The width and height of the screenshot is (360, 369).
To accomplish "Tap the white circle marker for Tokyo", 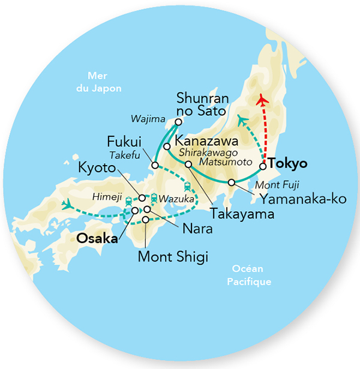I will tap(262, 166).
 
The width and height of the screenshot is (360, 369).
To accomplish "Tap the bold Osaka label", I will tap(96, 238).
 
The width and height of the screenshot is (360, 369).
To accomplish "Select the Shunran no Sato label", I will tap(200, 104).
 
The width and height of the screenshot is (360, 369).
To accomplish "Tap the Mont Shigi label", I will tap(173, 258).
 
